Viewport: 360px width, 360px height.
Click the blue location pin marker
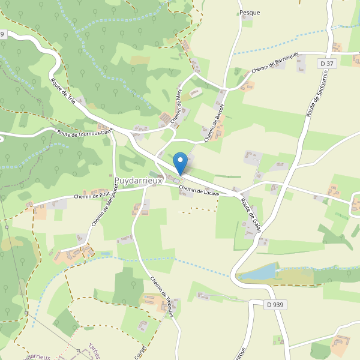pos(180,163)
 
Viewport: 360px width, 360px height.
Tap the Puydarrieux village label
pos(137,180)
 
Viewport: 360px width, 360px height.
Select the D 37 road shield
pos(326,64)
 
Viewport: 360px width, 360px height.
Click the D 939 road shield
pos(274,305)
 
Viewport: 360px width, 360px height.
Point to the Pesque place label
pos(249,12)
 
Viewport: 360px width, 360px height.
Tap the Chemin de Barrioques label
pos(275,61)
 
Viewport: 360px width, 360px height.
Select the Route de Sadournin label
pos(312,96)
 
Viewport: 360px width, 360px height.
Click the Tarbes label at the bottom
pos(94,352)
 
